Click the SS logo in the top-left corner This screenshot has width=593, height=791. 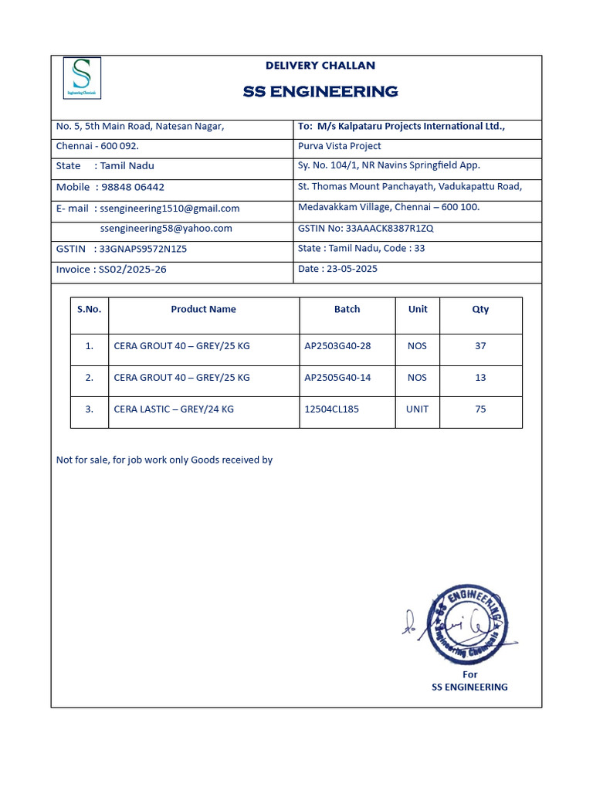[80, 77]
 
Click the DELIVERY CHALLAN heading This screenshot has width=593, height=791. [320, 66]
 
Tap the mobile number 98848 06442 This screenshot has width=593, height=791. [133, 187]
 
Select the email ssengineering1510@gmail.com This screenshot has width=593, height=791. [170, 208]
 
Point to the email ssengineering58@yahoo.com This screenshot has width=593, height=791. [166, 228]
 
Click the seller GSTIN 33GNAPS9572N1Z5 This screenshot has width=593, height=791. [144, 249]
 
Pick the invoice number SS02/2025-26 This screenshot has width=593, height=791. [132, 270]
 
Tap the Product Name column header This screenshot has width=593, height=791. [203, 309]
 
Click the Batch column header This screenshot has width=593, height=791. [347, 309]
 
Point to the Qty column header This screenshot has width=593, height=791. [480, 309]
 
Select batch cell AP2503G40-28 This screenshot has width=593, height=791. [337, 346]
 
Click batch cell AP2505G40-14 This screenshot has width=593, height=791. [337, 378]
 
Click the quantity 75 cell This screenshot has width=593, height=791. [480, 409]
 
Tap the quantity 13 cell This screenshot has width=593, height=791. [480, 378]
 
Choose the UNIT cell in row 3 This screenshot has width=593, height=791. [417, 409]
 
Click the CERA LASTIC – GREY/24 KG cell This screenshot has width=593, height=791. [174, 409]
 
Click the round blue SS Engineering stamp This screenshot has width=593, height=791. [467, 624]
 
